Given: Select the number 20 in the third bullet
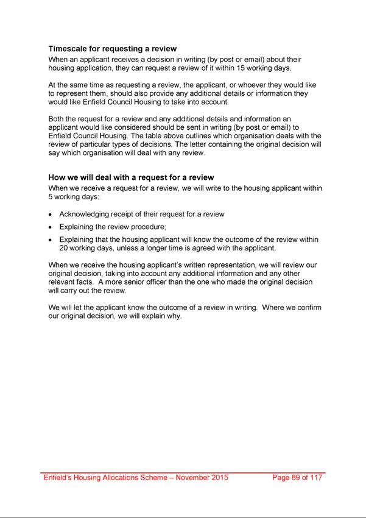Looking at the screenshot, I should click(65, 249).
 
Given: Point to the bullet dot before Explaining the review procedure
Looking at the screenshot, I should click(51, 227).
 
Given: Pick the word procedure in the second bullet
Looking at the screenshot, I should click(153, 227).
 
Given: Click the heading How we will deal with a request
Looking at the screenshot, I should click(131, 178).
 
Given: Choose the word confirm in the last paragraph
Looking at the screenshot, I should click(307, 308).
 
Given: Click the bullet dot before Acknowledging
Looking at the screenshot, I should click(51, 215).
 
